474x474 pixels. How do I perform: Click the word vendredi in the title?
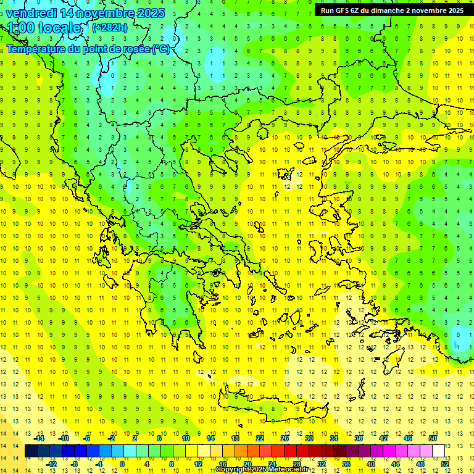coord(31,13)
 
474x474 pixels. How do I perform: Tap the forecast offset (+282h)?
coord(110,27)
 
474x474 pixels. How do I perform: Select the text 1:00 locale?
coord(44,28)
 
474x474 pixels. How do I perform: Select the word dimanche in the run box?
coord(388,10)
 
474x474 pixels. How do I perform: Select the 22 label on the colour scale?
coord(260,438)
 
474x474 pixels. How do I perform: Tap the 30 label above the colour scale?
coord(309,438)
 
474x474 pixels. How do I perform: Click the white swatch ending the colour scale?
coord(439,451)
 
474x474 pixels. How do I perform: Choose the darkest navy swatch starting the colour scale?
coord(31,451)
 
